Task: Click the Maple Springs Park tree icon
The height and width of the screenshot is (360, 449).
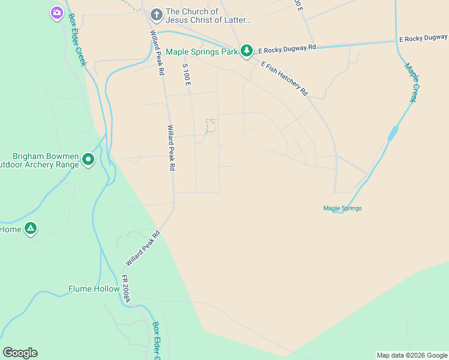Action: [x=246, y=51]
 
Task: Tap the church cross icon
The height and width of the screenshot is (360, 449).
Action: [x=156, y=14]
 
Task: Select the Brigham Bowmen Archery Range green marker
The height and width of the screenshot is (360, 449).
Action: [x=88, y=159]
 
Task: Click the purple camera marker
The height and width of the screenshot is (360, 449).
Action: [x=56, y=12]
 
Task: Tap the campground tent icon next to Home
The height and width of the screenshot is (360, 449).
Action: [x=31, y=229]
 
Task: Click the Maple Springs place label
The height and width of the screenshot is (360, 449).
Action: [x=342, y=208]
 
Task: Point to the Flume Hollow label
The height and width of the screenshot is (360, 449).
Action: [x=94, y=289]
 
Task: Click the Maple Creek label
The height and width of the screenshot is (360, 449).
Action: [x=411, y=83]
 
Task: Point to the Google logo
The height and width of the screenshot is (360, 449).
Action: [x=20, y=353]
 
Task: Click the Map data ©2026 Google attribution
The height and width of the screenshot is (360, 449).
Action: [x=412, y=355]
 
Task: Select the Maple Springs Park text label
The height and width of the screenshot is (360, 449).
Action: [x=202, y=52]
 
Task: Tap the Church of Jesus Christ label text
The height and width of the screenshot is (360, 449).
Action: [x=208, y=16]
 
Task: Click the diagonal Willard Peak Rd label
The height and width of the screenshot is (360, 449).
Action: [x=143, y=249]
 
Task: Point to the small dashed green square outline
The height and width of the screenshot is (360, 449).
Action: [x=211, y=126]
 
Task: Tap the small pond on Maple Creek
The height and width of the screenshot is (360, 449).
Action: [x=393, y=133]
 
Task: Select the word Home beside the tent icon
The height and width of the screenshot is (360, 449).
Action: [x=11, y=229]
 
